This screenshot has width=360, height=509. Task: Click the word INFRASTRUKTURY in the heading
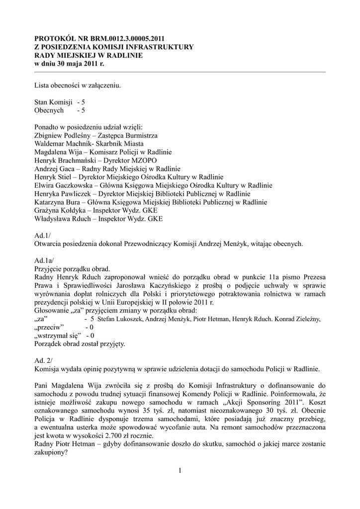pos(160,47)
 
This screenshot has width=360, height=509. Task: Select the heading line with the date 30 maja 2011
pos(69,64)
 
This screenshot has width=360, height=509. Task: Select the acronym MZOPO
pos(144,161)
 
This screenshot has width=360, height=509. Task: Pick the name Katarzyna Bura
pos(57,202)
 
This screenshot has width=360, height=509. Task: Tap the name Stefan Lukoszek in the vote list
pos(120,319)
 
